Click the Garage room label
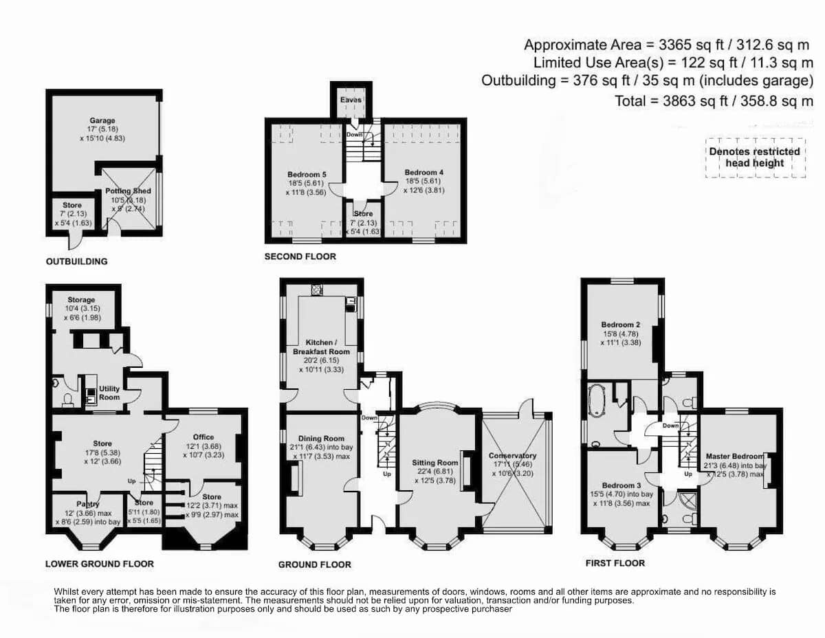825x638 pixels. click(102, 121)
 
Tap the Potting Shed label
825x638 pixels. click(128, 191)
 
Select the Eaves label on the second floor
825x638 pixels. click(351, 100)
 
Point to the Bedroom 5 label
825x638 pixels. click(307, 175)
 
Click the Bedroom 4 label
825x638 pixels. click(424, 173)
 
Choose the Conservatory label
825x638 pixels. click(513, 455)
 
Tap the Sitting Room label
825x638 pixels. click(435, 463)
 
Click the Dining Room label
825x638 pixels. click(321, 439)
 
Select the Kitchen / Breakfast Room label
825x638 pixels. click(321, 347)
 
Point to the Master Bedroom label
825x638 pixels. click(735, 456)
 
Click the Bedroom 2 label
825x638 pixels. click(621, 325)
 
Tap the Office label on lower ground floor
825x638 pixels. click(203, 437)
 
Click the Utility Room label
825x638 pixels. click(109, 393)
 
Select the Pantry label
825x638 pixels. click(88, 504)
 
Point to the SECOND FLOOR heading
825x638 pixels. click(300, 256)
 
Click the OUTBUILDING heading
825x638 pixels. click(77, 261)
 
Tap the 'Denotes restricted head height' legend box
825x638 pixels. click(755, 157)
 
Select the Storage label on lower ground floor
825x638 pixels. click(81, 300)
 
